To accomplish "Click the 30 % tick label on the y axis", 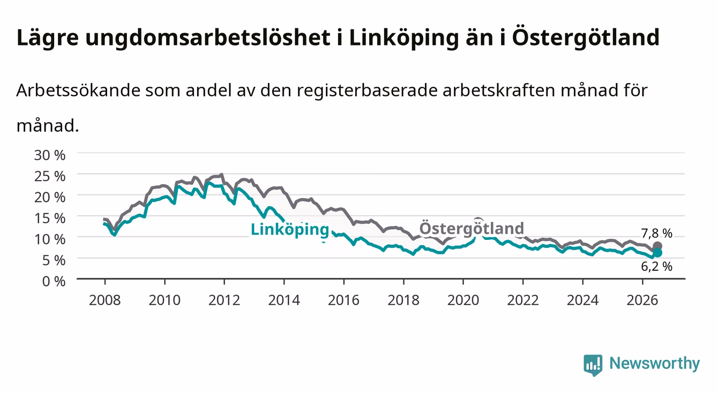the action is click(50, 155).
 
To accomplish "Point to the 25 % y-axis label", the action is click(50, 177).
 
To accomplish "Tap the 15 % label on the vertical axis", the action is click(50, 218).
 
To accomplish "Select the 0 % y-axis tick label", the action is click(54, 282).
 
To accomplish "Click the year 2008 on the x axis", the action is click(105, 300).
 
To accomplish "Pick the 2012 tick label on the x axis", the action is click(224, 300).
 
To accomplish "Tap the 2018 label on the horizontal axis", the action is click(403, 300).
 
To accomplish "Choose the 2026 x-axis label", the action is click(642, 300).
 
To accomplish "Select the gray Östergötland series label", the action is click(472, 229).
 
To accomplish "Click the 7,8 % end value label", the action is click(656, 233).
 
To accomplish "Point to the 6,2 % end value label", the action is click(656, 267).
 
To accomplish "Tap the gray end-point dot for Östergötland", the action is click(657, 246).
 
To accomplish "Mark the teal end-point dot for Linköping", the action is click(657, 253).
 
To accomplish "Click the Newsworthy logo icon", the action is click(593, 365).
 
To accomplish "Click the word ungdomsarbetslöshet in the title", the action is click(208, 38).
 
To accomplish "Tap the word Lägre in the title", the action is click(48, 38).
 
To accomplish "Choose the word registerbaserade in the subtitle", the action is click(367, 91).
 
